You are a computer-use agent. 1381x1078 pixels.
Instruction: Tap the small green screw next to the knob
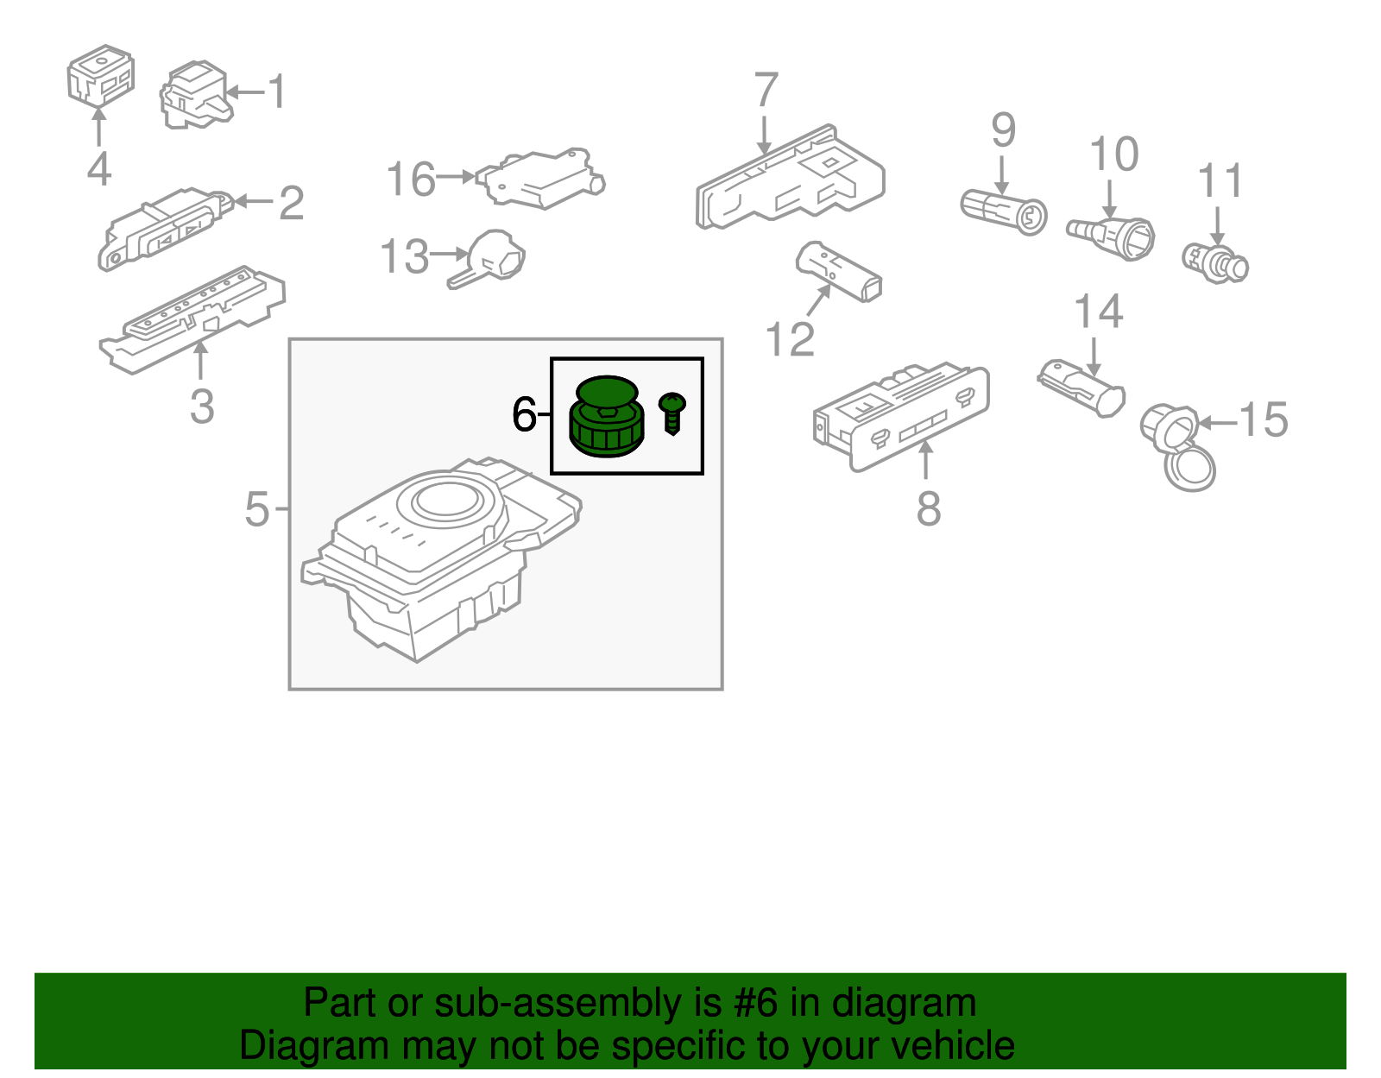pyautogui.click(x=672, y=413)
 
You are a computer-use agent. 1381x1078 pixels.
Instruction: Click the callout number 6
pyautogui.click(x=524, y=414)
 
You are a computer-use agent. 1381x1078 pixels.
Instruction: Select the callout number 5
pyautogui.click(x=257, y=509)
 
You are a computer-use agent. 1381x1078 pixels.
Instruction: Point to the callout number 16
pyautogui.click(x=410, y=180)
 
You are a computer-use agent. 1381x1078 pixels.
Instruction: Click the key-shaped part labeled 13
pyautogui.click(x=490, y=258)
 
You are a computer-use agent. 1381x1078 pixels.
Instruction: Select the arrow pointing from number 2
pyautogui.click(x=252, y=202)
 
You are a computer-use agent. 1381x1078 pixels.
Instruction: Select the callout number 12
pyautogui.click(x=790, y=340)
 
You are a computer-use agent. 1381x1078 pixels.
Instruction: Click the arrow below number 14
pyautogui.click(x=1094, y=356)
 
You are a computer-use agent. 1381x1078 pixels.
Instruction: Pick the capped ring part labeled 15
pyautogui.click(x=1179, y=445)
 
